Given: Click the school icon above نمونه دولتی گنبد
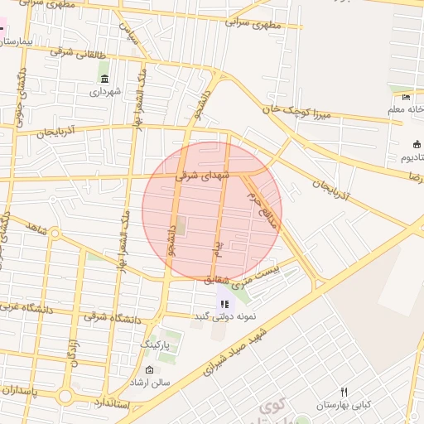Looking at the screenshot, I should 224,304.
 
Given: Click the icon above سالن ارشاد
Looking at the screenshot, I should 149,369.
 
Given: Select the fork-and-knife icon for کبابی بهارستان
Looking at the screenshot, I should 344,392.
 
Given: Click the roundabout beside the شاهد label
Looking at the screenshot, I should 55,234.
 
